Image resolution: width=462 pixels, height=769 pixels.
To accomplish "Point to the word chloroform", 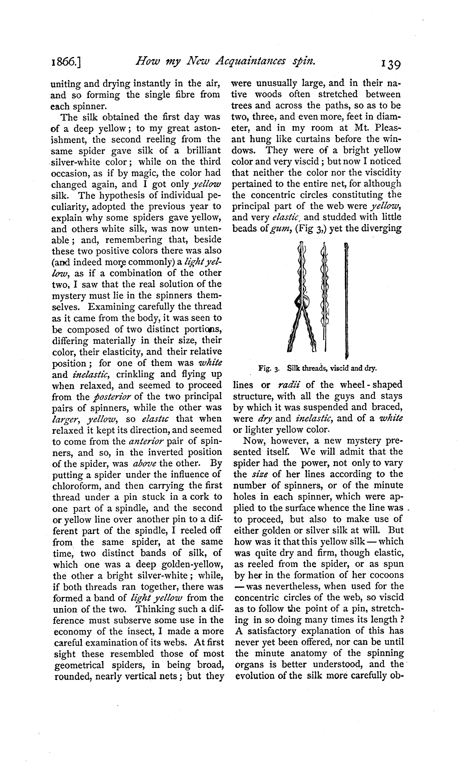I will (76, 486).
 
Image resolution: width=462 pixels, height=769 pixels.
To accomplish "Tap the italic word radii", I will (289, 384).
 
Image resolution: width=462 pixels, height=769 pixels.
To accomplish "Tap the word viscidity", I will (380, 173).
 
